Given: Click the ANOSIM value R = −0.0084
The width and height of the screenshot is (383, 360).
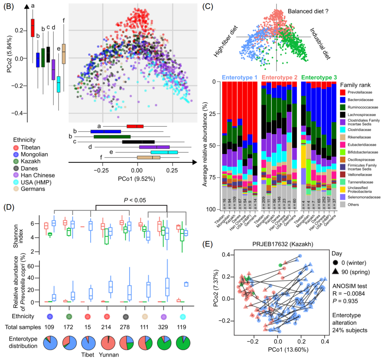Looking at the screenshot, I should coord(350,293).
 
